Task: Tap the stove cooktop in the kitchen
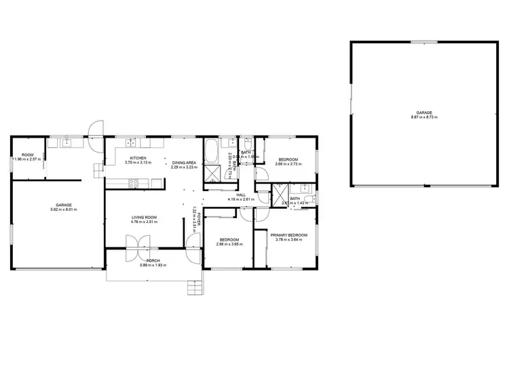133,181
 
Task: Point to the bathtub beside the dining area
212,148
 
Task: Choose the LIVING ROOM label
144,217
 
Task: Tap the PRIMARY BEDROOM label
288,235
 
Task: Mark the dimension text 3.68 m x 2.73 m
288,163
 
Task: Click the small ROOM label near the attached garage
27,155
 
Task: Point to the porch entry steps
195,289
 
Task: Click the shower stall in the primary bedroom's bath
279,197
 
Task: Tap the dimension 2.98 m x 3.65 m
227,243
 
